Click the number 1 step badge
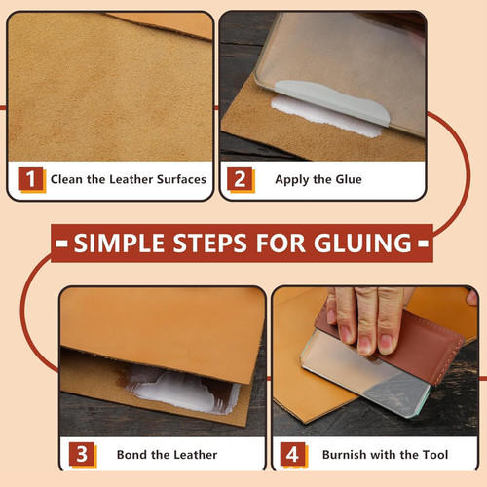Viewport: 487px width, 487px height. [x=30, y=178]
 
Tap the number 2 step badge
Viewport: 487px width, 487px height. [x=240, y=178]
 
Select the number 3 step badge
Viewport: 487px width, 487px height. [x=82, y=454]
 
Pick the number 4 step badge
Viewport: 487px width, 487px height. [x=292, y=454]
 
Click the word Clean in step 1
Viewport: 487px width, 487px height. [x=66, y=179]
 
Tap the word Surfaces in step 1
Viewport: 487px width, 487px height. [x=181, y=179]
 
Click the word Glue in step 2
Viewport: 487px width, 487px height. [x=349, y=179]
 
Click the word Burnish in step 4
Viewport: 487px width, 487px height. [x=344, y=455]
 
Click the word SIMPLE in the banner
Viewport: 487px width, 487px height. [x=119, y=243]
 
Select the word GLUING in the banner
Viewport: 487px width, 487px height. [x=362, y=243]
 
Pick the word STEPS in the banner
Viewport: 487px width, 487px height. [x=209, y=243]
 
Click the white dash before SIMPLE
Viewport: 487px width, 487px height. [x=61, y=243]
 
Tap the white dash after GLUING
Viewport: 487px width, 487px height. [x=423, y=243]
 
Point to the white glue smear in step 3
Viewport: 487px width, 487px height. [x=183, y=393]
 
